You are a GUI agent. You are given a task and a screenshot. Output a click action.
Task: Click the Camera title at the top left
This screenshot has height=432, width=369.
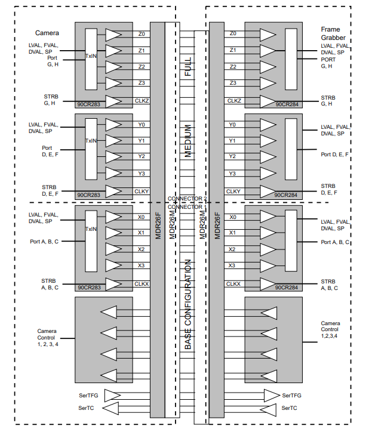pos(47,32)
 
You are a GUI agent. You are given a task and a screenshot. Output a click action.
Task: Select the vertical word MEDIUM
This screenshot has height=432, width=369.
pos(188,141)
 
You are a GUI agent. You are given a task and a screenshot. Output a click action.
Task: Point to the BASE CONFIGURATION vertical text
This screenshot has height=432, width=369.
pos(188,304)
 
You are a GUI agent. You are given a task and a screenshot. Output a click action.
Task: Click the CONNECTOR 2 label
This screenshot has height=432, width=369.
pos(187,198)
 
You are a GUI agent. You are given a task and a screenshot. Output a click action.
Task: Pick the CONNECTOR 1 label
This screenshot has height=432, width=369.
pos(187,206)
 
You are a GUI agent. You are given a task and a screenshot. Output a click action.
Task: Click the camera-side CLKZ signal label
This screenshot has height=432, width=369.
pos(142,101)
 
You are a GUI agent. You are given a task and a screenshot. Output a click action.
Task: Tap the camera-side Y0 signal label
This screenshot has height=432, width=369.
pos(141,125)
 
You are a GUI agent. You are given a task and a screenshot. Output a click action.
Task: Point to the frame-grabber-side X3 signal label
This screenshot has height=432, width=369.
pos(233,265)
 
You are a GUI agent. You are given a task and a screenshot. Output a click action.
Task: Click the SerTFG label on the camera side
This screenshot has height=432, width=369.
pos(88,395)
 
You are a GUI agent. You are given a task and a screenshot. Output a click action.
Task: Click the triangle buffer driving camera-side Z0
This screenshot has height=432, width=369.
pos(113,35)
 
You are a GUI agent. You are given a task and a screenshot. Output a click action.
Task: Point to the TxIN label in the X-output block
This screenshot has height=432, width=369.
pos(91,229)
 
